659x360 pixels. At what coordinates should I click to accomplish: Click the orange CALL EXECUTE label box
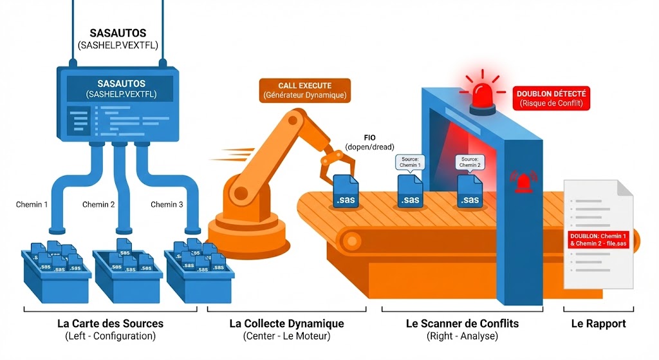coord(304,90)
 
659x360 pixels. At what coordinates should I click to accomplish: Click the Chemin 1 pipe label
coord(33,205)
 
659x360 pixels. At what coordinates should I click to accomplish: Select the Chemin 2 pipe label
coord(98,205)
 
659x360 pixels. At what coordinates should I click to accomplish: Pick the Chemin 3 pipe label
coord(167,205)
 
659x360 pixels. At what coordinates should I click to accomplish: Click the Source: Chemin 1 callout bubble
coord(410,161)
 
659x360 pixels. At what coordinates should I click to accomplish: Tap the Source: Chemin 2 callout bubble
coord(469,161)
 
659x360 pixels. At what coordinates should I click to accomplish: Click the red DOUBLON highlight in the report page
coord(598,240)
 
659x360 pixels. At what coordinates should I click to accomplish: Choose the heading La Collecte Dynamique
coord(286,323)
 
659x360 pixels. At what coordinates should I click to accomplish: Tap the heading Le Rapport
coord(599,323)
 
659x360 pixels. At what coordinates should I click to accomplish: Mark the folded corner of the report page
coord(625,188)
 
